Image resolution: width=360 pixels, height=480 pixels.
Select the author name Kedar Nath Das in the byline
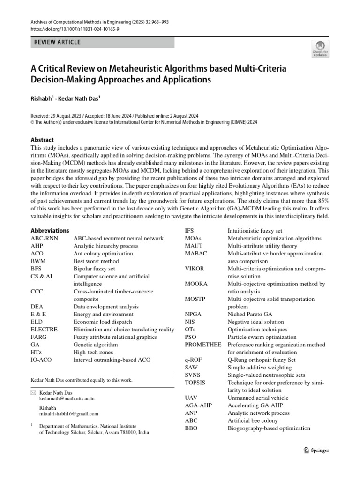[81, 100]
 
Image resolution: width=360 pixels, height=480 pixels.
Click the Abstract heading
[42, 140]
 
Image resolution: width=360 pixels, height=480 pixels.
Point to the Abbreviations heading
[50, 231]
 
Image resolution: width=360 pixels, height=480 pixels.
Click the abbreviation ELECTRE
[44, 330]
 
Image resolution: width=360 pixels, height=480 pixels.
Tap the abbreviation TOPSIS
[196, 382]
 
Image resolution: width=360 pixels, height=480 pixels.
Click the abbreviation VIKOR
[196, 269]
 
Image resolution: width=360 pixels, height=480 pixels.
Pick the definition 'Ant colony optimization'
[103, 254]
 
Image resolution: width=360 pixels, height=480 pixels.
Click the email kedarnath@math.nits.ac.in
[67, 398]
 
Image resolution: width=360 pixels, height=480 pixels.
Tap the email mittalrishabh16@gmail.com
[69, 414]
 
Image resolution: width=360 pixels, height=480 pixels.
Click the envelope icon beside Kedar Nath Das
[33, 392]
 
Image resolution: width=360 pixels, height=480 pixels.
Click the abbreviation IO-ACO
[42, 360]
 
